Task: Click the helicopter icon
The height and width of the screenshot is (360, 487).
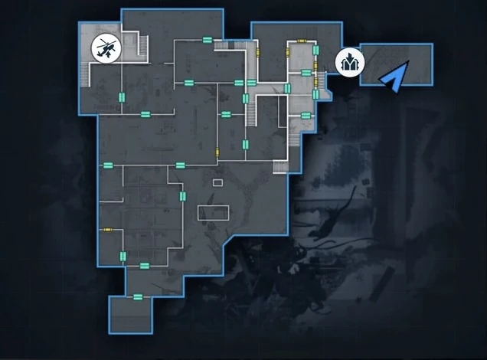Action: [106, 48]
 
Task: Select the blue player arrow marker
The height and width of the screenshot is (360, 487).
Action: [395, 77]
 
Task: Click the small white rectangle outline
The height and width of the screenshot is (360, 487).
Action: [217, 182]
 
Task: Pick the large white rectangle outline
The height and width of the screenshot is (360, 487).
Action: [214, 212]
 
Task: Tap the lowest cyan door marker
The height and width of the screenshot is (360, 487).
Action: [138, 297]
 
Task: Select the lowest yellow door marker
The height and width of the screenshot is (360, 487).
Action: [108, 228]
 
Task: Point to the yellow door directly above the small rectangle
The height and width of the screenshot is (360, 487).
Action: [217, 150]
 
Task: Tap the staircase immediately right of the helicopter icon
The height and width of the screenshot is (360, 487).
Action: [141, 47]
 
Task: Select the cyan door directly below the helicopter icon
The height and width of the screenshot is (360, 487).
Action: [121, 95]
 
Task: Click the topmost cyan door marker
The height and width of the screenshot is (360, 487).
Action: [206, 40]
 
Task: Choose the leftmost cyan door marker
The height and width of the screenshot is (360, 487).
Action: [108, 164]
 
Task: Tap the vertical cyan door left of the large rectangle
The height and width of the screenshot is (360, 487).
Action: [182, 197]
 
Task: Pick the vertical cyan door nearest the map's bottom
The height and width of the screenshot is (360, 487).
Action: [122, 256]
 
